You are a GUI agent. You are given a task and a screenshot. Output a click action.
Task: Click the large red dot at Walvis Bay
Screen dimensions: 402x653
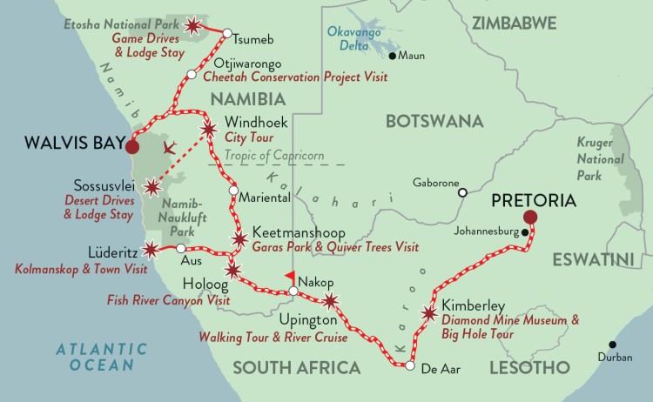coord(131,147)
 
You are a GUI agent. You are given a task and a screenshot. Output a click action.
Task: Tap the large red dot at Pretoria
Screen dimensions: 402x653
coord(530,218)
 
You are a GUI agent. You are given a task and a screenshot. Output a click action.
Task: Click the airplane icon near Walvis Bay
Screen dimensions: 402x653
coord(172,147)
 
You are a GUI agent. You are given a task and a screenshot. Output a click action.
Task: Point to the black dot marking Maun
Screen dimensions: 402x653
coord(393,57)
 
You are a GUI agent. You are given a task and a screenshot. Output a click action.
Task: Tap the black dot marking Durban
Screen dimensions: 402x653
coord(615,345)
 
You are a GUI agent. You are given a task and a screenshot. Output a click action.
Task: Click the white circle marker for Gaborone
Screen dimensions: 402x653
coord(463,192)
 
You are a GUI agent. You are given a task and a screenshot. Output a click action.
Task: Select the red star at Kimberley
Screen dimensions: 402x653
coord(428,313)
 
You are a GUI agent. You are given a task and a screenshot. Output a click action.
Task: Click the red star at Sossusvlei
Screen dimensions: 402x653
coord(153,186)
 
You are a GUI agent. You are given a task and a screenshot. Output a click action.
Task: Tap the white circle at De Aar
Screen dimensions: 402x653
coord(410,366)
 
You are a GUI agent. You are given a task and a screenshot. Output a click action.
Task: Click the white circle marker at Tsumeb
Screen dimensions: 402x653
coord(226,34)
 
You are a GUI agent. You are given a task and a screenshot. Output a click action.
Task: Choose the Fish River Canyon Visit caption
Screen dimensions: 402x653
coord(168,300)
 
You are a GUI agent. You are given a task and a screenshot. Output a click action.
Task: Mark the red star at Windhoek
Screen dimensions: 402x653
coord(209,130)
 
